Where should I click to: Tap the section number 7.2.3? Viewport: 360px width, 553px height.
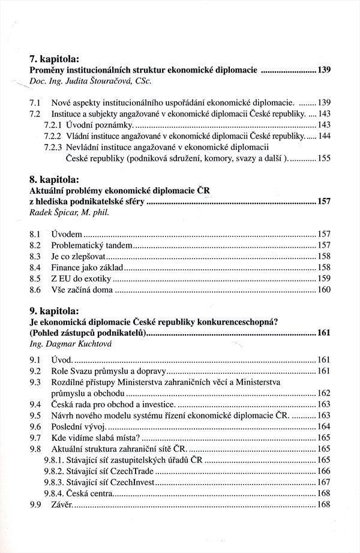54,146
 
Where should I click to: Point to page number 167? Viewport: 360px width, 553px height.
323,482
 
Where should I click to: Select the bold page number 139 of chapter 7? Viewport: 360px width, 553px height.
324,71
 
